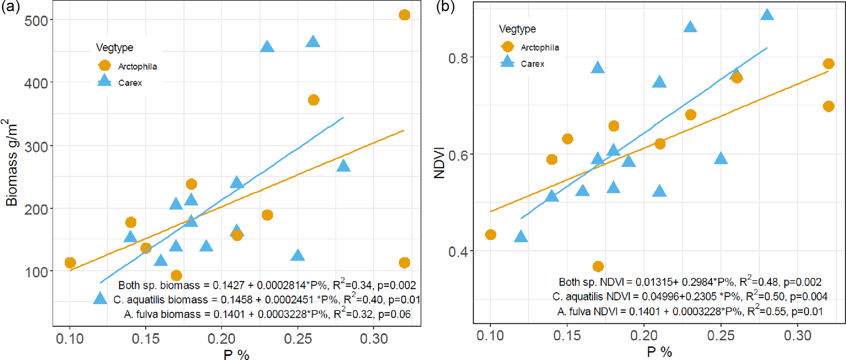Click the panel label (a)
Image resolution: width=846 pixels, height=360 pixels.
tap(10, 7)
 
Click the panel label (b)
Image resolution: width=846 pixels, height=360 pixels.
tap(445, 7)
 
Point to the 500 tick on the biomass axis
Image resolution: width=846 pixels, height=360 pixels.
tap(36, 20)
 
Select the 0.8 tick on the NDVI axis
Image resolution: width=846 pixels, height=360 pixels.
tap(458, 58)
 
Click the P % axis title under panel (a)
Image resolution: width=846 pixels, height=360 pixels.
tap(236, 354)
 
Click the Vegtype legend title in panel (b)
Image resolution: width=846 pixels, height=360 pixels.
tap(517, 29)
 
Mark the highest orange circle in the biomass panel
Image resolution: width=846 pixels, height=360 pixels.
tap(404, 15)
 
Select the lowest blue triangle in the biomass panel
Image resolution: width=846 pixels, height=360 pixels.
tap(100, 298)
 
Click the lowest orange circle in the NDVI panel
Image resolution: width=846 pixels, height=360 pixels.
tap(598, 267)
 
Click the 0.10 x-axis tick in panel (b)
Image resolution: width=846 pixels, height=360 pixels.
tap(490, 336)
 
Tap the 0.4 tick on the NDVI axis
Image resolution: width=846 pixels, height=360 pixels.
tap(458, 252)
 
